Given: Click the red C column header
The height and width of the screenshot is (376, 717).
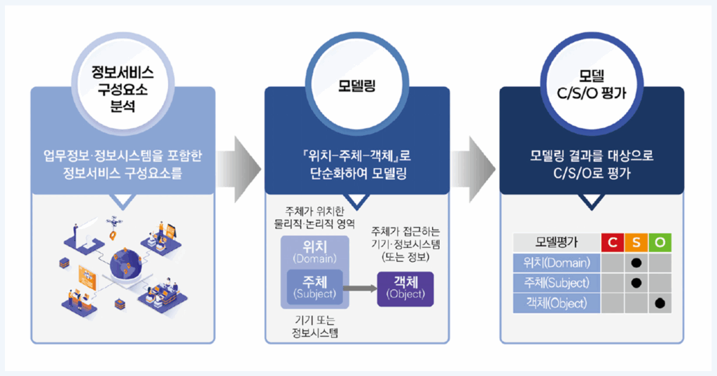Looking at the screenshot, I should click(613, 243).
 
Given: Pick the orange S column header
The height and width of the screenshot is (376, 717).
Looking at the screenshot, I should click(636, 243).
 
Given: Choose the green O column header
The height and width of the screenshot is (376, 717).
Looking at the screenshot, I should click(660, 243).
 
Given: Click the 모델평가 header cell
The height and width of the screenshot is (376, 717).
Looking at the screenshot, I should click(557, 243).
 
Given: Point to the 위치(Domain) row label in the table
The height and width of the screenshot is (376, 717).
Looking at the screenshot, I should click(557, 263).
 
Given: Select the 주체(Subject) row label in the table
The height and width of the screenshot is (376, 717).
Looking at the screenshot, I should click(557, 283).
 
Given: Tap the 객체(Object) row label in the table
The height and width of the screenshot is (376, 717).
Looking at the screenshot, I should click(557, 303).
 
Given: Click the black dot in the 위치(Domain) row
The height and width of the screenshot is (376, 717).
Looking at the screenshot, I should click(636, 263).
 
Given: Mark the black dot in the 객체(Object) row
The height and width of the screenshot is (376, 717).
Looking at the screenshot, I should click(660, 303).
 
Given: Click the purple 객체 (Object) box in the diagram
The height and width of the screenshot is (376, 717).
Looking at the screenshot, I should click(405, 288).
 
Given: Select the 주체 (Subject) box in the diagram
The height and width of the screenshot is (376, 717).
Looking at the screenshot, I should click(314, 288).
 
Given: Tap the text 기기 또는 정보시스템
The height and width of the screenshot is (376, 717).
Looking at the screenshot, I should click(314, 327).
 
